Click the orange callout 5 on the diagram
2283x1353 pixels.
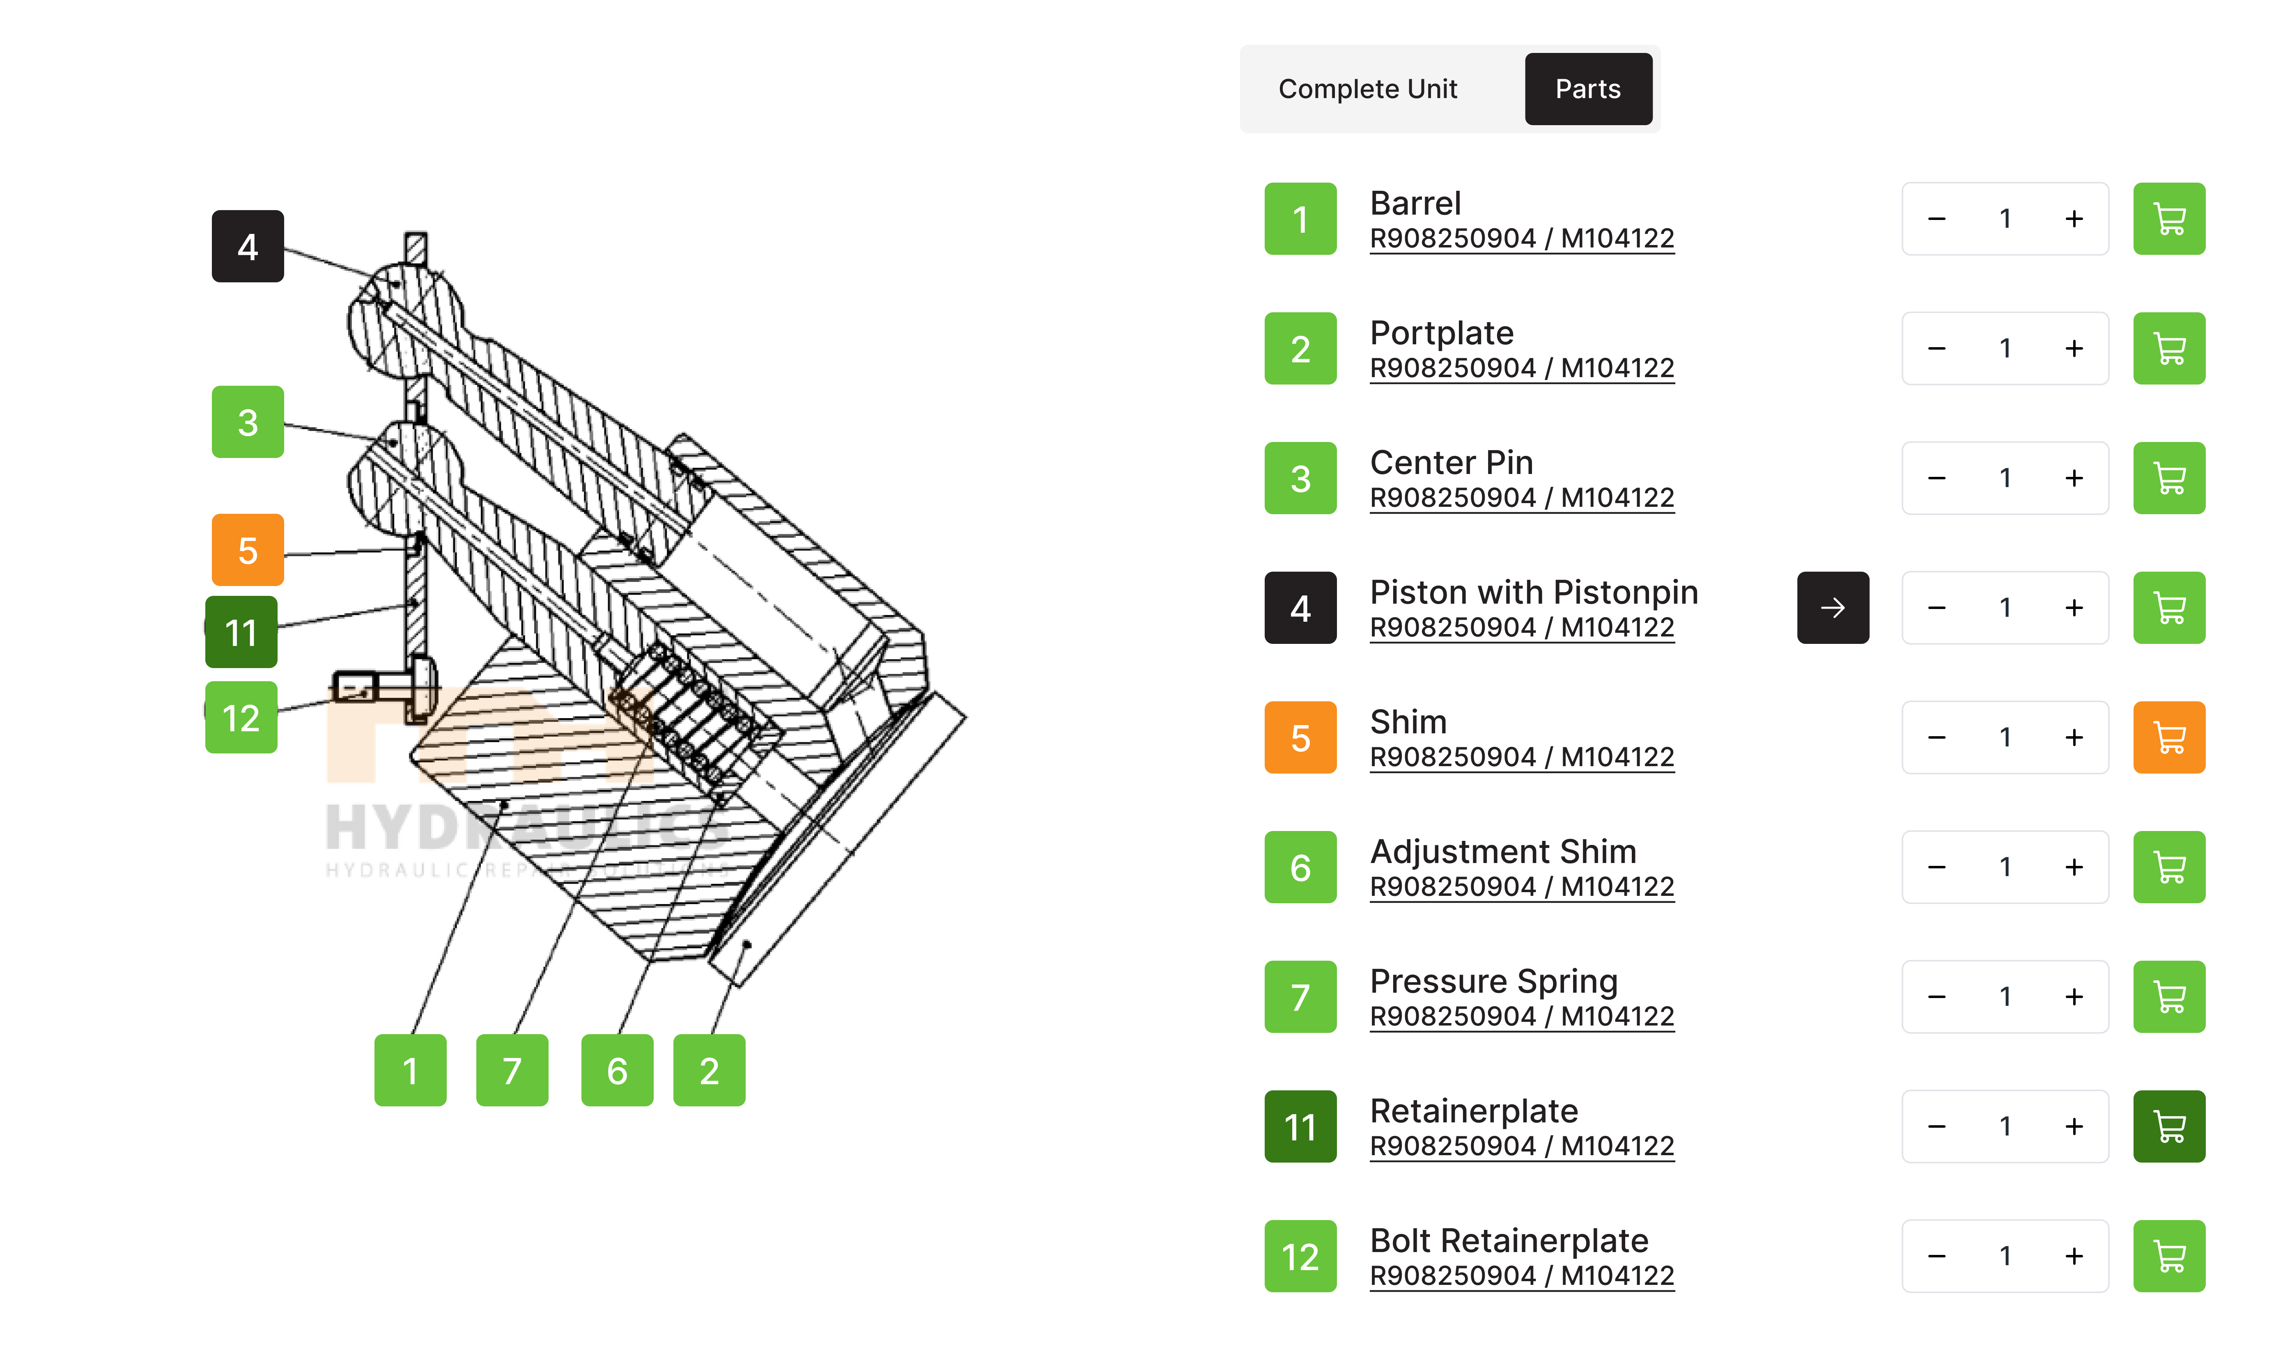click(247, 550)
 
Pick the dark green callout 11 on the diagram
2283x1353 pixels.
click(241, 632)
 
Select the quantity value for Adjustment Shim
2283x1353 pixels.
click(2005, 867)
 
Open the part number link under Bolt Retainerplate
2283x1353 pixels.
click(1521, 1275)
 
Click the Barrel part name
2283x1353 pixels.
click(1415, 202)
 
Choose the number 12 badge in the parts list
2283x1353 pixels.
click(1300, 1257)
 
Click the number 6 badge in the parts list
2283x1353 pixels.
click(1300, 867)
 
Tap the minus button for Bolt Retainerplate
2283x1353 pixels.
click(1936, 1257)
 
